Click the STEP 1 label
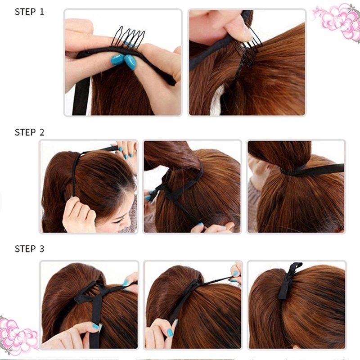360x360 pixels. click(x=29, y=12)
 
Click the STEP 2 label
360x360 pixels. click(x=29, y=132)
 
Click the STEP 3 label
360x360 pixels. click(x=29, y=248)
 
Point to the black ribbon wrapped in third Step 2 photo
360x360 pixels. click(x=315, y=170)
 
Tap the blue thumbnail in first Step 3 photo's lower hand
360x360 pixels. click(x=96, y=326)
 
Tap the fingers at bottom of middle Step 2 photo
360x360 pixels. click(x=211, y=227)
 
